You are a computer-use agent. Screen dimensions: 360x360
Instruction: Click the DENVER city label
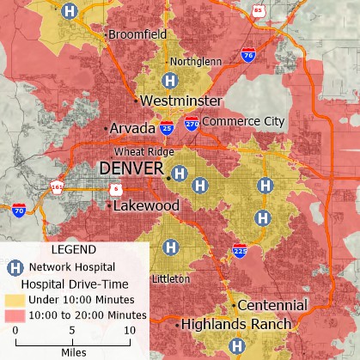pyautogui.click(x=130, y=168)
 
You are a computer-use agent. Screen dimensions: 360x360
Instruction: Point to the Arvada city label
pyautogui.click(x=131, y=128)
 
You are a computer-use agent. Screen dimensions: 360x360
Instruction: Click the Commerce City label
pyautogui.click(x=243, y=122)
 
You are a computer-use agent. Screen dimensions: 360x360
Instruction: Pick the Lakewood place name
pyautogui.click(x=146, y=206)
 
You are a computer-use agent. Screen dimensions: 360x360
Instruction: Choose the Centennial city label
pyautogui.click(x=272, y=305)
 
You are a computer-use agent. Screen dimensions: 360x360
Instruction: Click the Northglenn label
pyautogui.click(x=196, y=62)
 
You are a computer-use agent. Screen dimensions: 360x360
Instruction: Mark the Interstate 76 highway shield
pyautogui.click(x=247, y=54)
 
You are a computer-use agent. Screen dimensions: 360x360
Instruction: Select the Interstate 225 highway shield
pyautogui.click(x=240, y=252)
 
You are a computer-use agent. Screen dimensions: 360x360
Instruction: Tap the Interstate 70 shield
pyautogui.click(x=19, y=209)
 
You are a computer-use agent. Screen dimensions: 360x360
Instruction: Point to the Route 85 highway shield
pyautogui.click(x=259, y=10)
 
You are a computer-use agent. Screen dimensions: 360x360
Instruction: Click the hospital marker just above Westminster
pyautogui.click(x=170, y=80)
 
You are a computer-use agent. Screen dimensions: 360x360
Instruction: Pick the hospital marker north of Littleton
pyautogui.click(x=171, y=247)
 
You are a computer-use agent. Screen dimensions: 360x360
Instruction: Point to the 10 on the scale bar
pyautogui.click(x=129, y=330)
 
